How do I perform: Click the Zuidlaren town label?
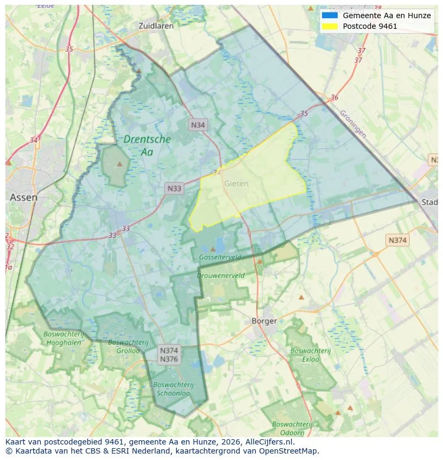(x=155, y=26)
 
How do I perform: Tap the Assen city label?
(x=24, y=197)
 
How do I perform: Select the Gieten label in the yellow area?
(x=236, y=183)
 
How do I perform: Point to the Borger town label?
(x=264, y=321)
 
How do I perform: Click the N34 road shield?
(x=198, y=125)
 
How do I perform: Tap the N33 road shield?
(x=174, y=188)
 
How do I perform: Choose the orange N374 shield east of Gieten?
(x=398, y=240)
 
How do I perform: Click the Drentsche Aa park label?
(x=147, y=145)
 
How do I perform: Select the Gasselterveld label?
(x=220, y=257)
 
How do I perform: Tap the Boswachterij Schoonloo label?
(x=173, y=389)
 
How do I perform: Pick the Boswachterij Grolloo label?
(x=124, y=346)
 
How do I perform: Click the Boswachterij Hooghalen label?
(x=63, y=338)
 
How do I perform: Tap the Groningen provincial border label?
(x=353, y=124)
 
